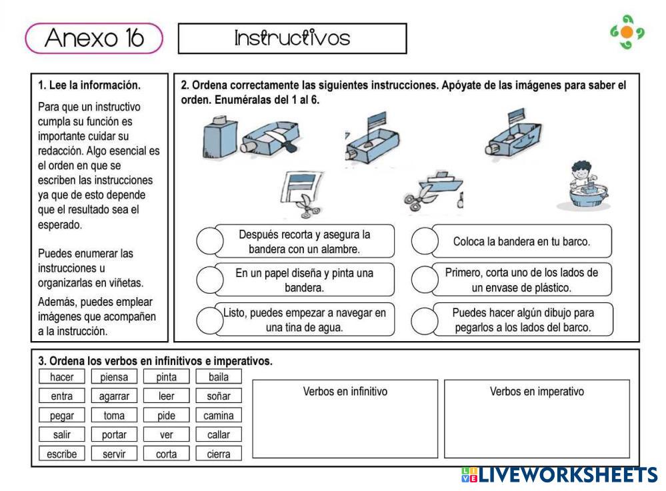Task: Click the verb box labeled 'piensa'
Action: point(114,377)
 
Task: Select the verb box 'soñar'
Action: point(219,396)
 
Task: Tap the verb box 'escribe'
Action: point(62,454)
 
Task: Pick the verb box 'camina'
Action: point(219,416)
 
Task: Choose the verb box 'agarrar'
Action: point(114,396)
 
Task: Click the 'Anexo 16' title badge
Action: point(94,39)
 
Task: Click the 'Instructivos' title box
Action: point(292,39)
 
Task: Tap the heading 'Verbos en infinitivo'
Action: point(345,392)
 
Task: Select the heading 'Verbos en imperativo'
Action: point(537,392)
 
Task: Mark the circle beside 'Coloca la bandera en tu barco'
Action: point(424,241)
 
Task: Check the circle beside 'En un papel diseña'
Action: point(209,280)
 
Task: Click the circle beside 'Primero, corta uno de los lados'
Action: point(424,280)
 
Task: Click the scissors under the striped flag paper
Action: point(306,204)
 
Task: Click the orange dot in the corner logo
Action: point(627,32)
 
